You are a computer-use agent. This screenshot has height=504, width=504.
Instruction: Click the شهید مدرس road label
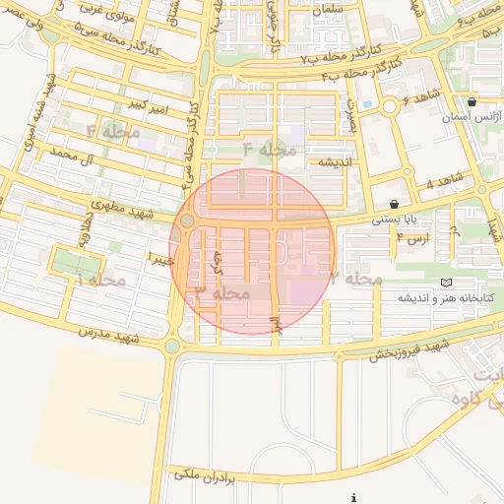(x=112, y=338)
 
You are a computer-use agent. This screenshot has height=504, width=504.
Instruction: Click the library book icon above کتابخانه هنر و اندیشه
(x=447, y=283)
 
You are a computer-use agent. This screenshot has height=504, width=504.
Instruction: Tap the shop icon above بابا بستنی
(x=395, y=204)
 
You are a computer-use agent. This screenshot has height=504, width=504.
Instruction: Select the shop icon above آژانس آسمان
(x=472, y=101)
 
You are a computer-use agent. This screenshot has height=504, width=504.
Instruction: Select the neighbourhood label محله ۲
(x=356, y=279)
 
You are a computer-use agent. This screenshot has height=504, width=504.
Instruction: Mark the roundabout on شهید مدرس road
(x=173, y=346)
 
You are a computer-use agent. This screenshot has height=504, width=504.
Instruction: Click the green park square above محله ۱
(x=76, y=264)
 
